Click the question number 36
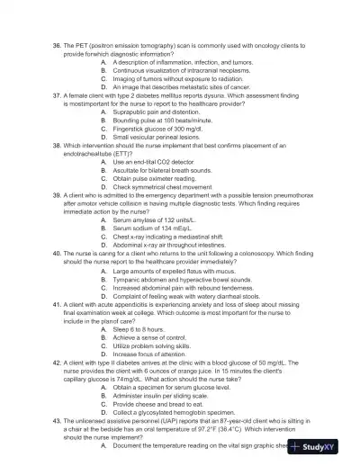coord(58,45)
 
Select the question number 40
coord(58,254)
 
